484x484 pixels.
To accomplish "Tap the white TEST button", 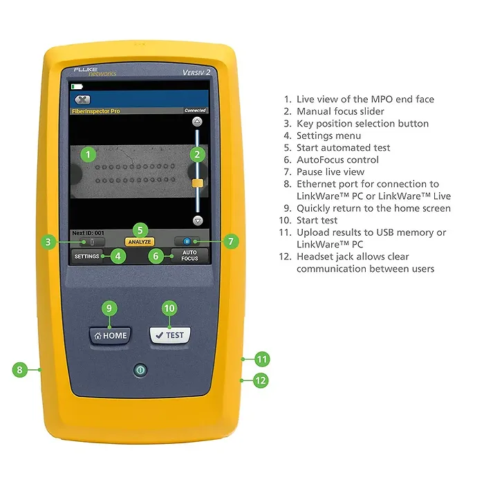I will coord(169,335).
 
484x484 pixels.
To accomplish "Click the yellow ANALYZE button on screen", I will coord(139,242).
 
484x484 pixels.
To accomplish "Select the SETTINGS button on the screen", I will coord(87,256).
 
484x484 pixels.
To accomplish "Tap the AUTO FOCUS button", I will coord(189,256).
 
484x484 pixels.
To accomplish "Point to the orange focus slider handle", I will coord(197,183).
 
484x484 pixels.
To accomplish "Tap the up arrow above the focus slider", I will coord(197,121).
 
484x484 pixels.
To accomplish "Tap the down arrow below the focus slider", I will coord(197,221).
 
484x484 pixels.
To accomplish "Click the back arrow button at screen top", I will coord(82,100).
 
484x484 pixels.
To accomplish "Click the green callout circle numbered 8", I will coord(20,370).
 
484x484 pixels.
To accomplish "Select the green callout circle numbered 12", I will coord(261,380).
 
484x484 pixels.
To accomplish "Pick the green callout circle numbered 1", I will coord(87,154).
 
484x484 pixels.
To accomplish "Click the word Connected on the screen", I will coord(195,111).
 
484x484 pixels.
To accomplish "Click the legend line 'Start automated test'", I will coord(343,147).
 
